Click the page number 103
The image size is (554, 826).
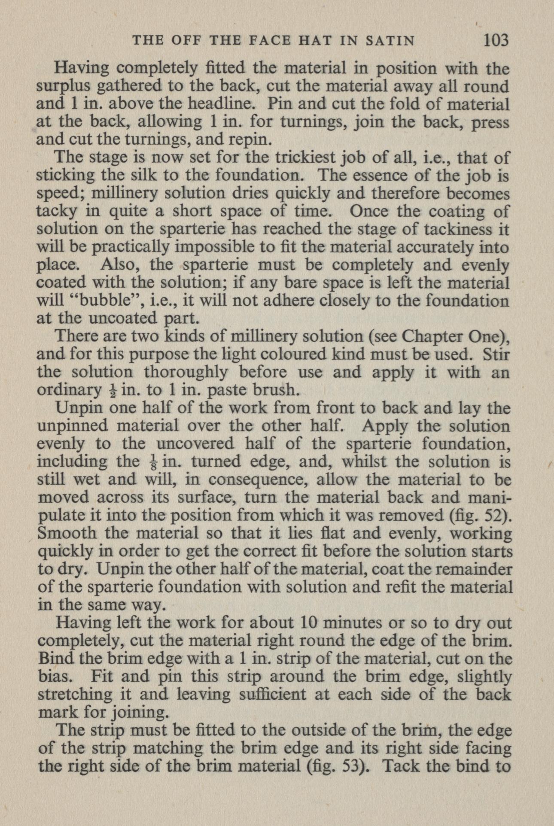[496, 40]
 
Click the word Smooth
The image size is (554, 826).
[67, 533]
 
